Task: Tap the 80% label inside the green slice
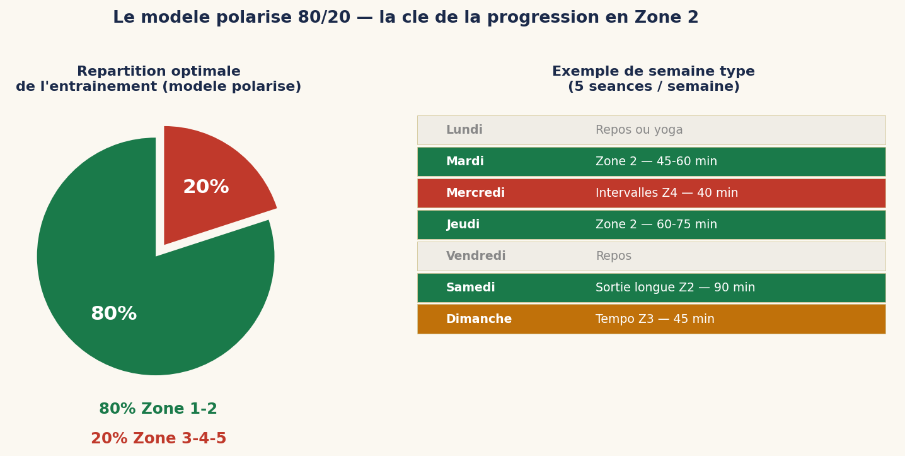point(113,313)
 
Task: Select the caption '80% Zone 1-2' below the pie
point(158,409)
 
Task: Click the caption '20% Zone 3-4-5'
point(158,439)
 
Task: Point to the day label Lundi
point(464,130)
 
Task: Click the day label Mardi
point(464,161)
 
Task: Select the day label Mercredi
point(475,193)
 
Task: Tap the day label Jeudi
point(463,225)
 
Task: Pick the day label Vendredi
point(476,256)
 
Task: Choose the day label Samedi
point(470,288)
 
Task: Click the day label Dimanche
point(478,319)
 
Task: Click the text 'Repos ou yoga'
point(639,130)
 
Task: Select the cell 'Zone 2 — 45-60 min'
point(656,161)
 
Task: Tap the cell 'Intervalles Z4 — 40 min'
point(666,193)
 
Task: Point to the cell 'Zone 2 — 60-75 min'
point(656,225)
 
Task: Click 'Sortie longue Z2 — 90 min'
point(675,288)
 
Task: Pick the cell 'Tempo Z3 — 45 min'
point(655,319)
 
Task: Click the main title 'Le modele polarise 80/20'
point(405,18)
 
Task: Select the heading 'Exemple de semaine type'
point(653,72)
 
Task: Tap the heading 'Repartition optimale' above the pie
point(158,72)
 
